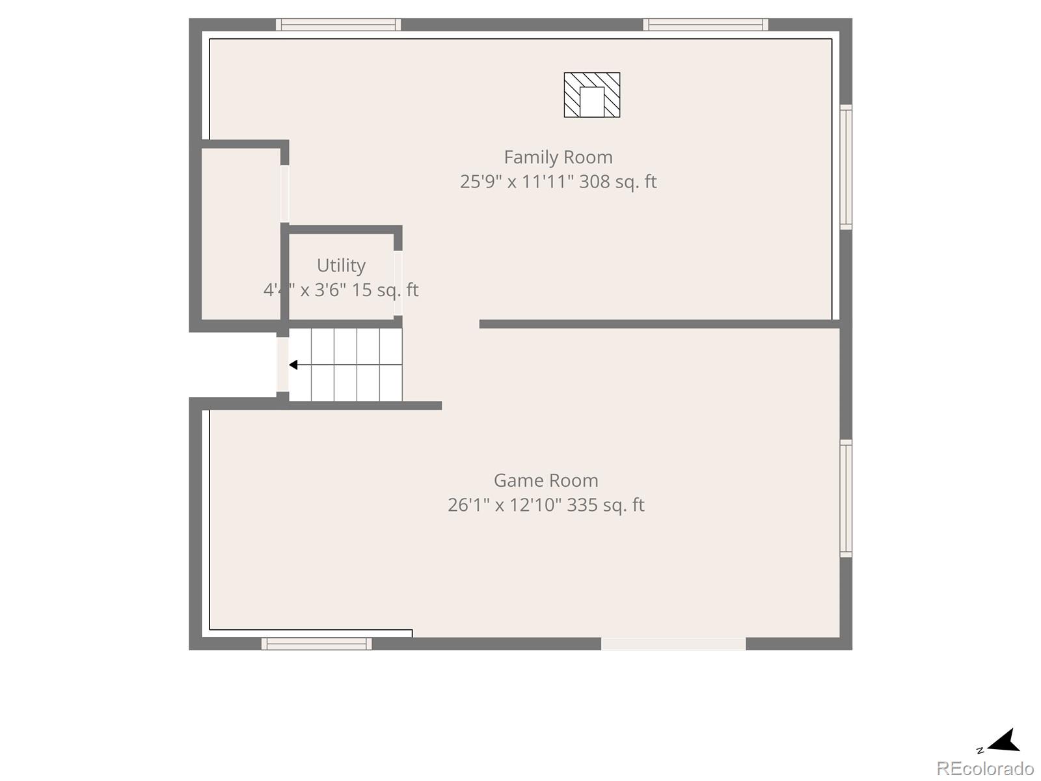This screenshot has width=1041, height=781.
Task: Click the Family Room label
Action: coord(558,158)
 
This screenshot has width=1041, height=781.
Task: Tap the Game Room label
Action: coord(546,480)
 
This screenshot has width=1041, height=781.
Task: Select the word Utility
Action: coord(341,266)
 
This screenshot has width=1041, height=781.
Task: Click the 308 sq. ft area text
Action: coord(617,182)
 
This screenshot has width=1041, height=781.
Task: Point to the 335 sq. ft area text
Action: coord(605,505)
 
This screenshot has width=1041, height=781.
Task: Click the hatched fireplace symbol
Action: coord(591,95)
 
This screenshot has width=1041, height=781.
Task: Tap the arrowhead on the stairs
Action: coord(293,364)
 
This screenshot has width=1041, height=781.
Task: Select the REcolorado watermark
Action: coord(984,769)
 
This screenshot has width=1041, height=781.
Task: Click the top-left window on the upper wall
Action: coord(338,25)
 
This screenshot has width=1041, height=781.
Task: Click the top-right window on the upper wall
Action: coord(706,25)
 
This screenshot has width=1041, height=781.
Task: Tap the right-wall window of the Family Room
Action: coord(846,167)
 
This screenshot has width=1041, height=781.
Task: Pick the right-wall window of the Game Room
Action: coord(846,499)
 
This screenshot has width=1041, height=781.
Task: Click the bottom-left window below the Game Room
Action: coord(317,644)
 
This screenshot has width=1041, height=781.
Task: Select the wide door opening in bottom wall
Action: coord(673,644)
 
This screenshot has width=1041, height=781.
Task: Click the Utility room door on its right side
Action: coord(398,283)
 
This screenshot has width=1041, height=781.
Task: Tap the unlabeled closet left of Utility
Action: coord(241,234)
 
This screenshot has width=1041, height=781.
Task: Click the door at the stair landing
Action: coord(282,364)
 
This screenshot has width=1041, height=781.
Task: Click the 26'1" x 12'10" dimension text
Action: coord(504,505)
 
